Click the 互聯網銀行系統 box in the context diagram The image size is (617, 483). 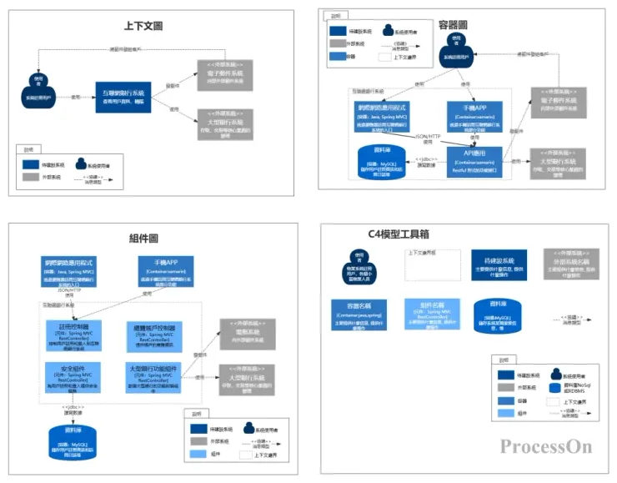(x=123, y=96)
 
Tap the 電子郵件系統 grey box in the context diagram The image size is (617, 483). (x=220, y=75)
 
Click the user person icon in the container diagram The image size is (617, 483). (x=454, y=48)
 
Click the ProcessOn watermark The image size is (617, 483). (x=545, y=446)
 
